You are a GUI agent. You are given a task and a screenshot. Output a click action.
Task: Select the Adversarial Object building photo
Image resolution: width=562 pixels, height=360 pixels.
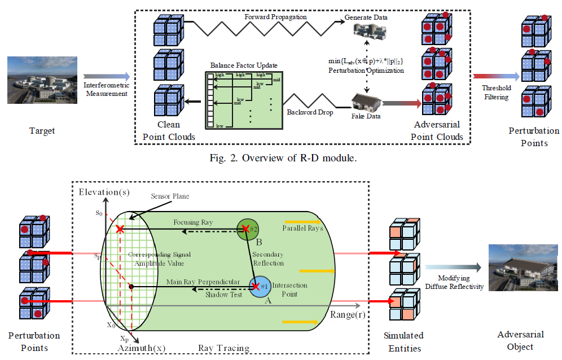[x=520, y=268]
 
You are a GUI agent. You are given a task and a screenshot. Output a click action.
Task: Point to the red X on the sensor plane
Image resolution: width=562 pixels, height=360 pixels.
[x=120, y=229]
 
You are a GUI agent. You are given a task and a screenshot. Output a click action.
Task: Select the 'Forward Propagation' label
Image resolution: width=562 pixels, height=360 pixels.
[x=276, y=17]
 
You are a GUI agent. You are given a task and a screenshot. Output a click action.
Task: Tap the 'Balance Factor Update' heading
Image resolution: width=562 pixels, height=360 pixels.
[x=244, y=65]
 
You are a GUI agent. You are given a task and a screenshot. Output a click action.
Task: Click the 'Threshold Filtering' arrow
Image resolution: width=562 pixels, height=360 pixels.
[x=495, y=76]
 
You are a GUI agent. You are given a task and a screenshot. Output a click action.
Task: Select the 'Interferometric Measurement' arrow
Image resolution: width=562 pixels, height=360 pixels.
[x=107, y=76]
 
